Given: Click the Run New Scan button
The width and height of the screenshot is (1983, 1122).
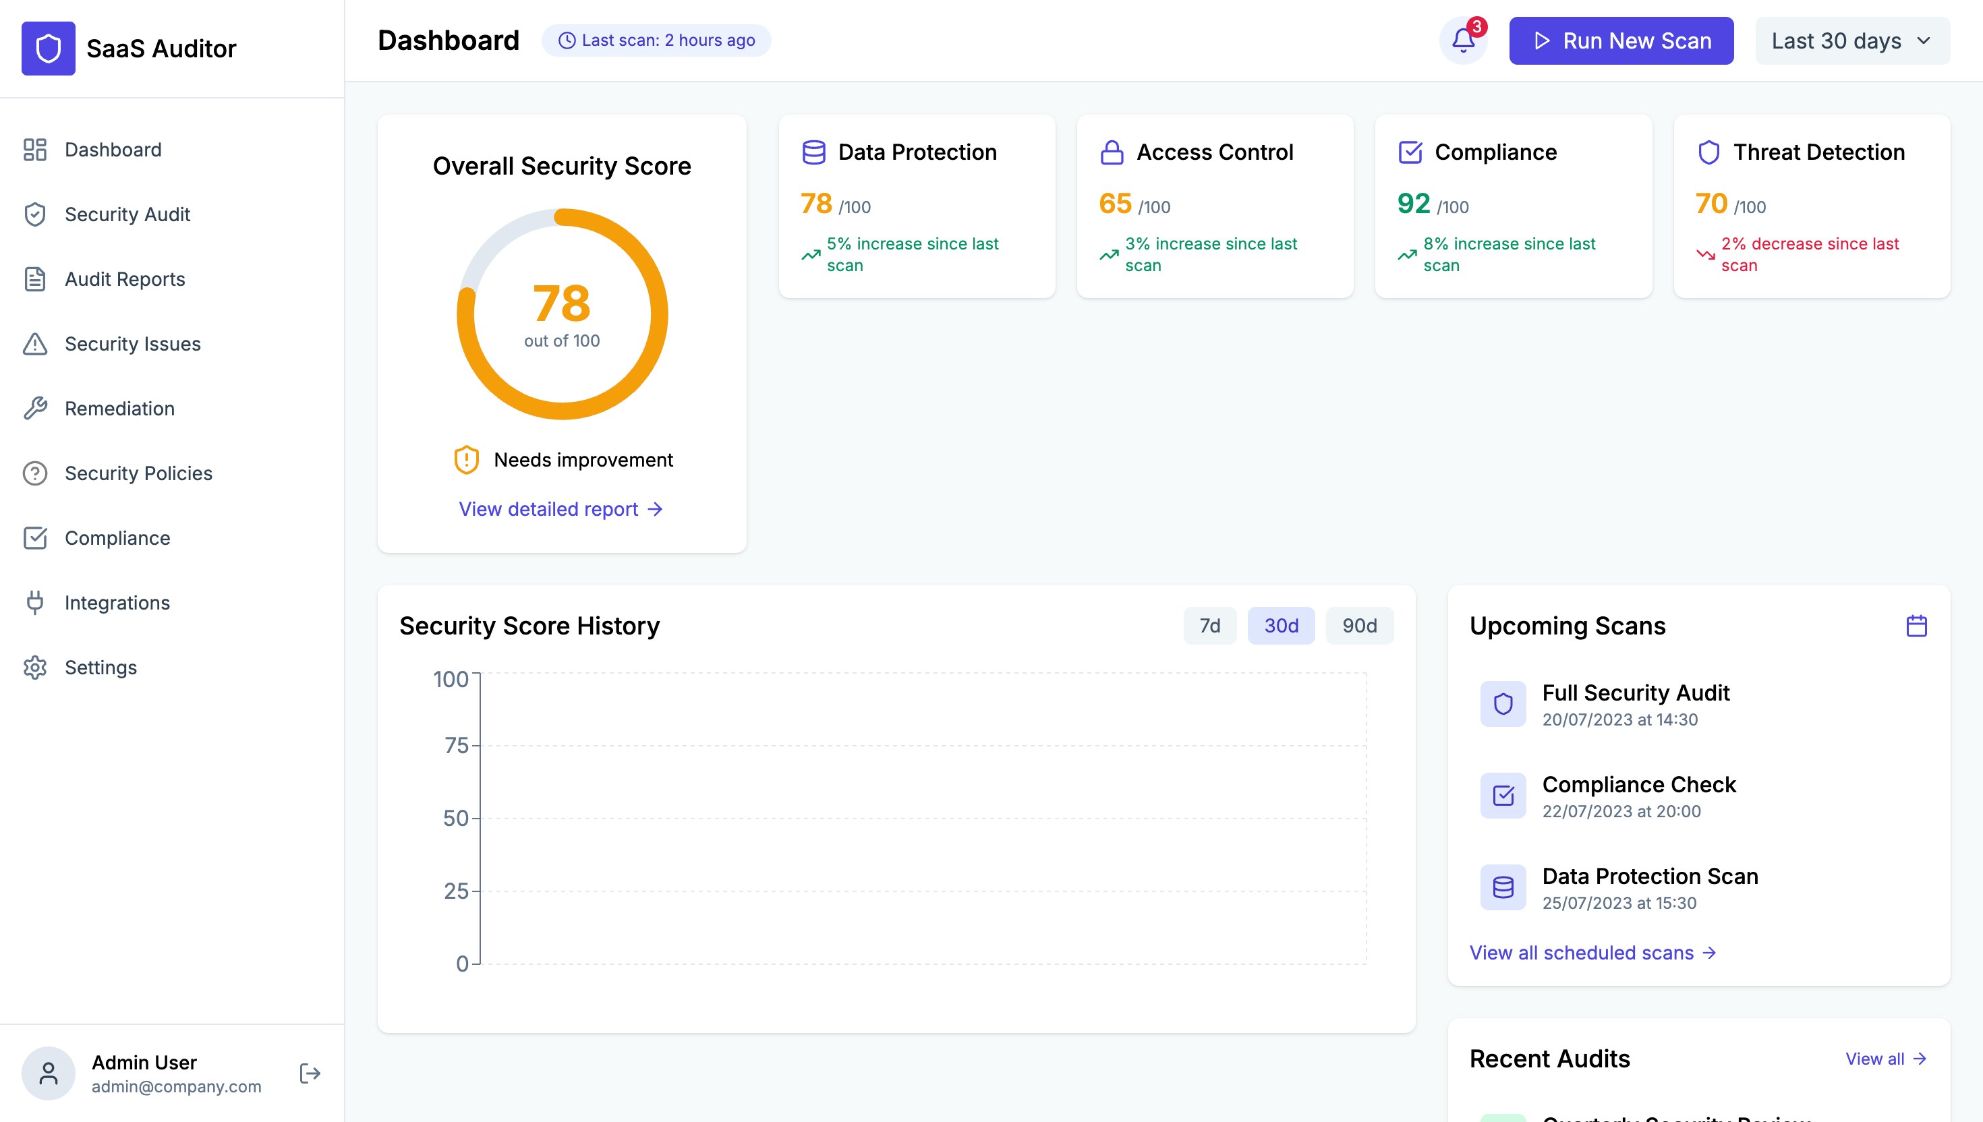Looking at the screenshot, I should (1621, 41).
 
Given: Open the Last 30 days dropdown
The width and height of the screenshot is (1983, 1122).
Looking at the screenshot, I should (1852, 41).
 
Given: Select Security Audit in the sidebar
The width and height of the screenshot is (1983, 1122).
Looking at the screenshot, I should (127, 214).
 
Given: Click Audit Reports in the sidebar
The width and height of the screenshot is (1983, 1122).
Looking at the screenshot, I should (125, 279).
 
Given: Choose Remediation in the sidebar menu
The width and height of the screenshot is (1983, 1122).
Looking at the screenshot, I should (119, 409).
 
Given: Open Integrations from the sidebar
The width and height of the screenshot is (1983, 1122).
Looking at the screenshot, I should (117, 603).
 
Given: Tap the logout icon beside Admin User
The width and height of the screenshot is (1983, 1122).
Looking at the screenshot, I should (310, 1073).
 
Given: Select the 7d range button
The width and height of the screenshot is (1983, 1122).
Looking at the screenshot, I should (1209, 626).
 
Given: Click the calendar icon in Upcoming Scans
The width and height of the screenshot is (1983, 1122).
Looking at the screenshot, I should (1916, 626).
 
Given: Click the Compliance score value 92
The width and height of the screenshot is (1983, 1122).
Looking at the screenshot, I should (1414, 204).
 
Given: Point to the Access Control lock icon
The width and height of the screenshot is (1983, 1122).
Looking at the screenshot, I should (1112, 152).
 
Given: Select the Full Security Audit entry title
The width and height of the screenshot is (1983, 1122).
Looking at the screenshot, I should (1636, 692).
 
